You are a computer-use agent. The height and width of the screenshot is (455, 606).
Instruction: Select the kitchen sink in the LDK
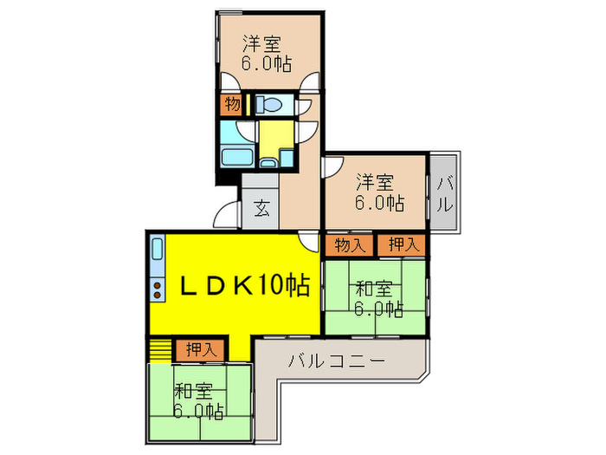(157, 251)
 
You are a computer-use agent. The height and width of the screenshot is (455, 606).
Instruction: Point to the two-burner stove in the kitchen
(158, 288)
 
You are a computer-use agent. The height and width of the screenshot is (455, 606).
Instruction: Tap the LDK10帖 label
(245, 284)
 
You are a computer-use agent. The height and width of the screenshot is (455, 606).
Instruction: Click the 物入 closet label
(350, 245)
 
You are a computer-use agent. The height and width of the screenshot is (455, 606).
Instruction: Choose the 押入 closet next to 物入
(402, 245)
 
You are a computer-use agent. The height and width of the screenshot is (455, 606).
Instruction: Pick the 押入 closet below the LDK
(202, 350)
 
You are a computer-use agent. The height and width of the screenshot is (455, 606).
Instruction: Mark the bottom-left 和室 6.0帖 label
(197, 400)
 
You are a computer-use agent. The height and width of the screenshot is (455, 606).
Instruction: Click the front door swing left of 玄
(227, 215)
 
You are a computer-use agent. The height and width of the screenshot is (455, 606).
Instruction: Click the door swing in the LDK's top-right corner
(307, 240)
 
